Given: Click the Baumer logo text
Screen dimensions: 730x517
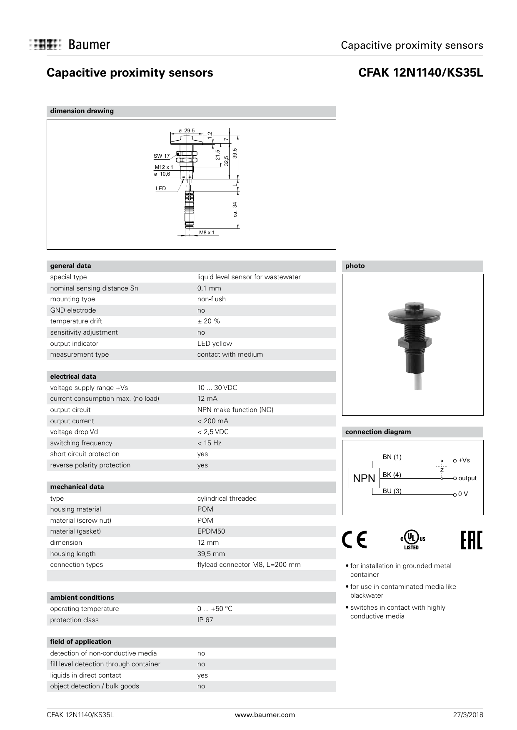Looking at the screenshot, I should click(89, 45).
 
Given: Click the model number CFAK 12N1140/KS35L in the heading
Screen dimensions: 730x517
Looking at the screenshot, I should click(421, 73).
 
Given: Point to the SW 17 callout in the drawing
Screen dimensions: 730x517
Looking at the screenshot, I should click(162, 156).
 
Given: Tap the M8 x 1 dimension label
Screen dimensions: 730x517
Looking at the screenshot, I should click(207, 232).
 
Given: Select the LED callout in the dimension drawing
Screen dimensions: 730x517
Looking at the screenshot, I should click(161, 189).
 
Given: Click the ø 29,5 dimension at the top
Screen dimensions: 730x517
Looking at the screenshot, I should click(187, 131).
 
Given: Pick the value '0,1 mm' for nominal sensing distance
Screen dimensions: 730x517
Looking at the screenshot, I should click(209, 288).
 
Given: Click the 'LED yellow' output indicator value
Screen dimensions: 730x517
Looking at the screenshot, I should click(215, 343).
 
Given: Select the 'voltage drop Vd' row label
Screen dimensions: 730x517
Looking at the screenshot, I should click(74, 432).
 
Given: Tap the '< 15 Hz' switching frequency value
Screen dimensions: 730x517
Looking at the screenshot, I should click(209, 443).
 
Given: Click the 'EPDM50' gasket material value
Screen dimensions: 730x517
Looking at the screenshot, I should click(211, 531).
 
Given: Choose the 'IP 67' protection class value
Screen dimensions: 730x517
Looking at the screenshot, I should click(205, 620).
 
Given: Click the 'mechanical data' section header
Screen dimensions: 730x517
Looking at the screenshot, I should click(77, 487).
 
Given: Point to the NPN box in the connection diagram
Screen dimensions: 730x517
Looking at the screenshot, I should click(364, 478).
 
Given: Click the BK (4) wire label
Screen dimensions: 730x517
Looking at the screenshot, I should click(392, 474).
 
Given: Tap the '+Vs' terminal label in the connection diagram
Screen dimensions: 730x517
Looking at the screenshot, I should click(464, 460).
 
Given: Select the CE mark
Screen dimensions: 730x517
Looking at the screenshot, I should click(355, 540).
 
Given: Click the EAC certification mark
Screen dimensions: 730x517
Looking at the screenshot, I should click(472, 540).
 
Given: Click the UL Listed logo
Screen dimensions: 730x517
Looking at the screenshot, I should click(412, 540).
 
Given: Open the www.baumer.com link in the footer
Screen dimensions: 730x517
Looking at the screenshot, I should click(265, 715).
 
